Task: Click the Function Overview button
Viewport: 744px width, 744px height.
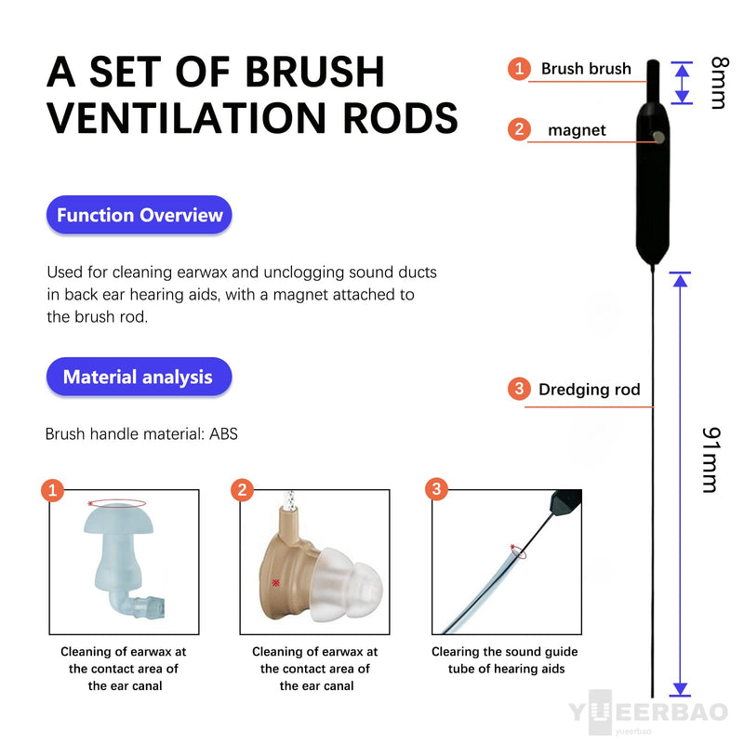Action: click(x=139, y=215)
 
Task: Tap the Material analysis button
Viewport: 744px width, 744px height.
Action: click(x=139, y=377)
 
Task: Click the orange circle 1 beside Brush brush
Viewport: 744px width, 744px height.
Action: click(x=519, y=69)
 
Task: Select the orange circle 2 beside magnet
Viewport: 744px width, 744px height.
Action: click(x=519, y=129)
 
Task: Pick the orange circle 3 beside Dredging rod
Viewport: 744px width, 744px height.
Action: click(x=519, y=389)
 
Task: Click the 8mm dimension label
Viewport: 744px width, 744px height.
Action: click(x=719, y=83)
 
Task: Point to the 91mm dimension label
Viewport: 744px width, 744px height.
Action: click(x=711, y=459)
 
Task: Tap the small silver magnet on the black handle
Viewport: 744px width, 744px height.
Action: click(x=658, y=137)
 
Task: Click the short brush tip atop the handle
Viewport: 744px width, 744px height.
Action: click(x=653, y=81)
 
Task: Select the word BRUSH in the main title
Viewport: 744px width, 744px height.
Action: click(x=314, y=73)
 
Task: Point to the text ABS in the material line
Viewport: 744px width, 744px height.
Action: click(x=223, y=433)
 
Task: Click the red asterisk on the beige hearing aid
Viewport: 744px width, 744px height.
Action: click(x=275, y=582)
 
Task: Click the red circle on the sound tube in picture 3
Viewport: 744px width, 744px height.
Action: click(x=518, y=551)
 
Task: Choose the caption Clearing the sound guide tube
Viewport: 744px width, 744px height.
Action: click(x=505, y=660)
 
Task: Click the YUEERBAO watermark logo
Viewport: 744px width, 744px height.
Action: click(x=648, y=712)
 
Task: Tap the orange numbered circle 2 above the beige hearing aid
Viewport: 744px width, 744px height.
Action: click(x=242, y=489)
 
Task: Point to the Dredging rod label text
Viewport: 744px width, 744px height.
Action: click(x=590, y=390)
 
